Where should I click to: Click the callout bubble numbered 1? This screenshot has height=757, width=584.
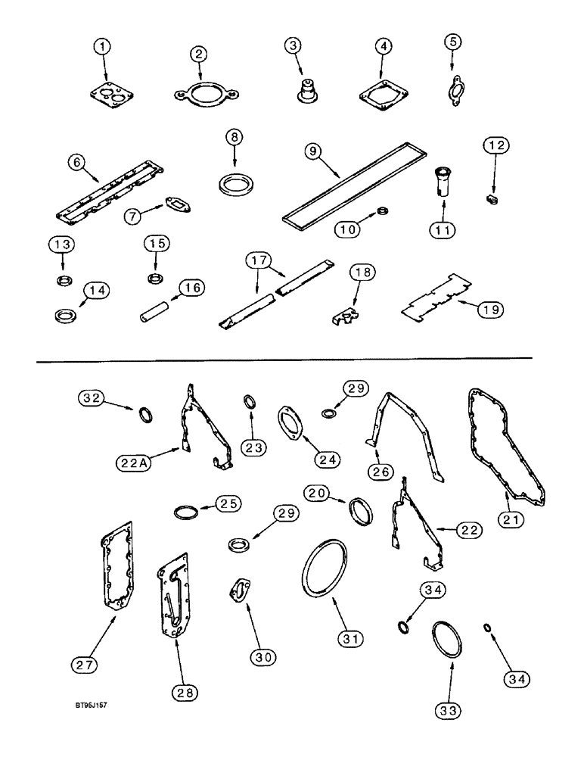(105, 48)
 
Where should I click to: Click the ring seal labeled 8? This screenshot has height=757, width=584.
(235, 183)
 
